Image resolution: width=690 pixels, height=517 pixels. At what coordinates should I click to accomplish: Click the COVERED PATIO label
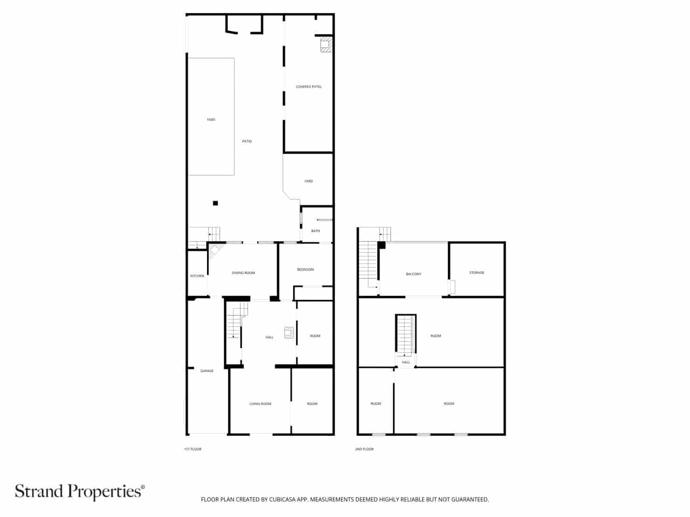308,87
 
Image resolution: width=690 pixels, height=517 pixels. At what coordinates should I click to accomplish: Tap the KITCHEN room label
198,276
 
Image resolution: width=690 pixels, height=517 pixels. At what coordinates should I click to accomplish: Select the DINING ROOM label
243,273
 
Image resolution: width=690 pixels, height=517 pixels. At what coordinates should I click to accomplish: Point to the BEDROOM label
305,269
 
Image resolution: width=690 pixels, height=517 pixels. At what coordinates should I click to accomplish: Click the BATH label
316,231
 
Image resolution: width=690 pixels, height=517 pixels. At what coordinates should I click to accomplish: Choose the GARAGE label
207,371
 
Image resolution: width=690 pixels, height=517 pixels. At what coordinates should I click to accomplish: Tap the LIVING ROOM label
260,404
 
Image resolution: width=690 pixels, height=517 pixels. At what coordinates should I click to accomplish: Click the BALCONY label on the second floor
414,274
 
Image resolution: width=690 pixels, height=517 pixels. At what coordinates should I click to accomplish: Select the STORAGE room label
477,272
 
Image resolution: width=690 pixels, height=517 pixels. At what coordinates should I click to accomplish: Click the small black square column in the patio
216,203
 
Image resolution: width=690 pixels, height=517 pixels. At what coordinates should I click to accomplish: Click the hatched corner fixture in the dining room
215,249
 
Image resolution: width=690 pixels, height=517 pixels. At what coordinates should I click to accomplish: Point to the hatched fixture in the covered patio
326,45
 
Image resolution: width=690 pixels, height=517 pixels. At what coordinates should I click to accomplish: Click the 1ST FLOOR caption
193,449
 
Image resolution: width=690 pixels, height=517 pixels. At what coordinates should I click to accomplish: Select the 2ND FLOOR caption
364,449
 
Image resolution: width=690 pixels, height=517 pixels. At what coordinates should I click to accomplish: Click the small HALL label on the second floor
406,362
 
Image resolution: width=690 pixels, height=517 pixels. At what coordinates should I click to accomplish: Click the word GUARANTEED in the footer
470,500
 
